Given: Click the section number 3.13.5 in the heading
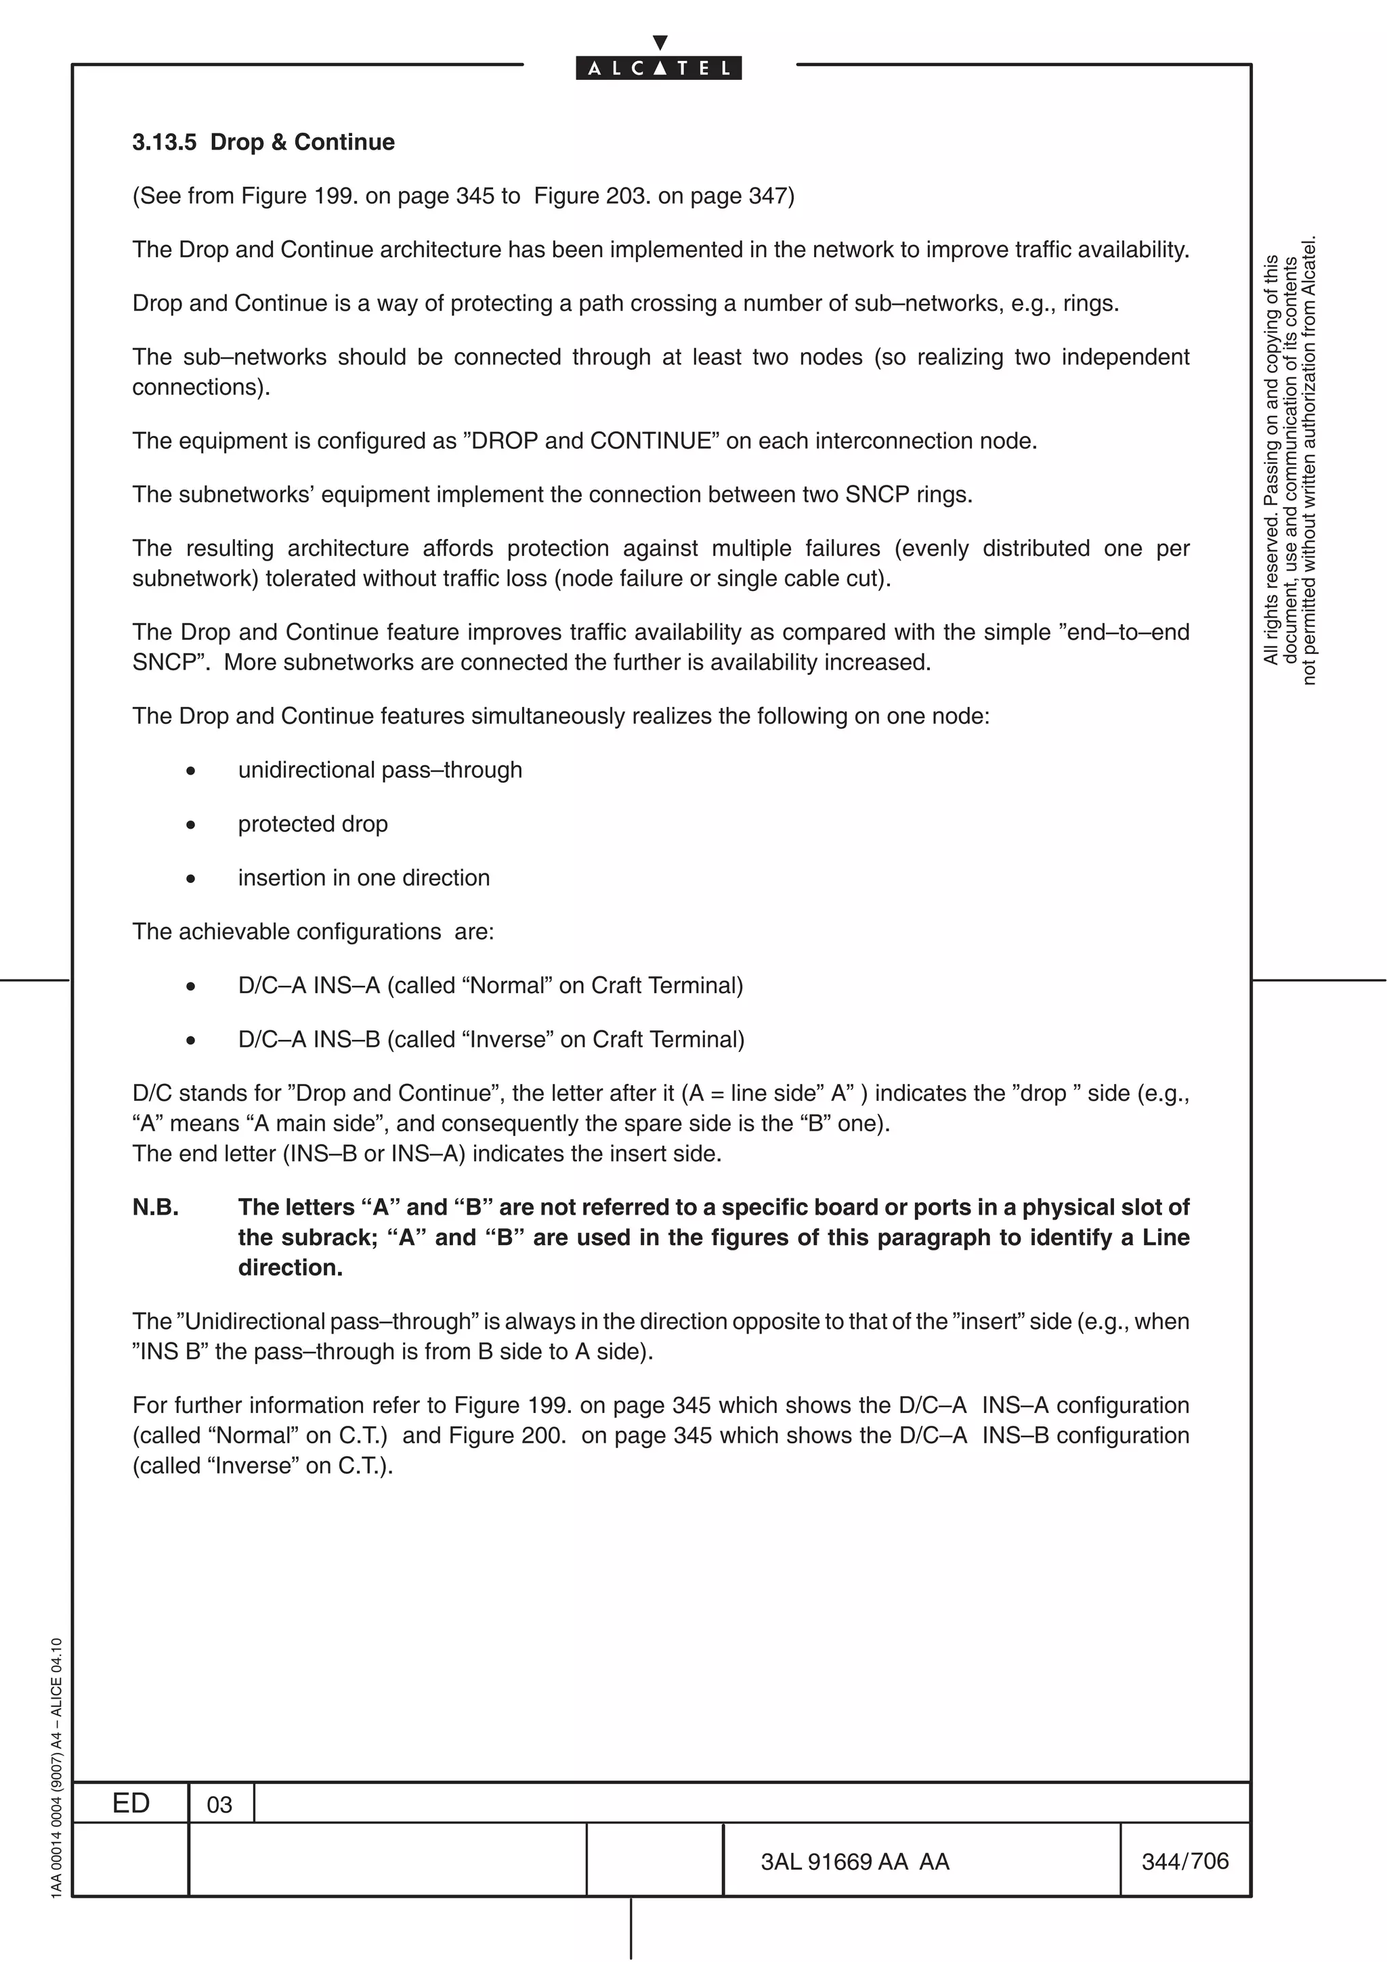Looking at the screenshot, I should pos(164,142).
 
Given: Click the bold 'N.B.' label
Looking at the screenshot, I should pos(156,1206).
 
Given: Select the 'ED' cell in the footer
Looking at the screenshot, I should pos(131,1803).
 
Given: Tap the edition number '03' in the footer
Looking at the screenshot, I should pos(219,1805).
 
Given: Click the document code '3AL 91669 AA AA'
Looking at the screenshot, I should pos(855,1861).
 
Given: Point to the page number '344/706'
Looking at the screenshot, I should pos(1185,1861).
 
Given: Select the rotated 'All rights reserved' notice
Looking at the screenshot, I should pos(1289,462).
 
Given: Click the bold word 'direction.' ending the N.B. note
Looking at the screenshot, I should pos(290,1267).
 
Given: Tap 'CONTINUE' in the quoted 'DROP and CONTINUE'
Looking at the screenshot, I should pos(652,441).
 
